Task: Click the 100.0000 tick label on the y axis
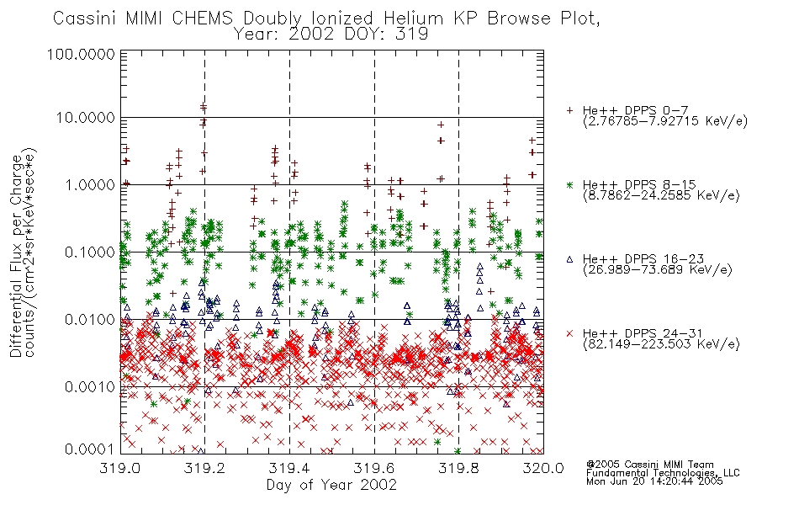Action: pos(81,54)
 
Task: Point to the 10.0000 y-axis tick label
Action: pos(85,118)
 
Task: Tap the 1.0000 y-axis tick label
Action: pos(90,184)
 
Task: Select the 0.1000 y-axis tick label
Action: pos(90,252)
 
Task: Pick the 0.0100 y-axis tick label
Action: pos(90,320)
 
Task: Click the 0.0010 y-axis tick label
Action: pos(90,386)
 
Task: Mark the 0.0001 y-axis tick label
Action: pos(90,449)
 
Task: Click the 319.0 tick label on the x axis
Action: pos(120,468)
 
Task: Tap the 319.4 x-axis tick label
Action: pos(289,468)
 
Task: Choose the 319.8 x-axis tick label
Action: pos(458,468)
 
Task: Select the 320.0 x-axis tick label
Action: pos(543,468)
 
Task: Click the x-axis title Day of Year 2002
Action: pos(331,485)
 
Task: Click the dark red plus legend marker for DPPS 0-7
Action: pos(569,110)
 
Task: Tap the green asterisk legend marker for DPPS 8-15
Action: pos(569,184)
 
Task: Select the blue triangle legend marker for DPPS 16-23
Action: pos(569,259)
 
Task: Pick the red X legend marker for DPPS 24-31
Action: pos(569,333)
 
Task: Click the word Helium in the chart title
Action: pos(413,19)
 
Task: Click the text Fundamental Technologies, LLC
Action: pos(663,473)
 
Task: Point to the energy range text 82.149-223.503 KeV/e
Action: pos(661,344)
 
